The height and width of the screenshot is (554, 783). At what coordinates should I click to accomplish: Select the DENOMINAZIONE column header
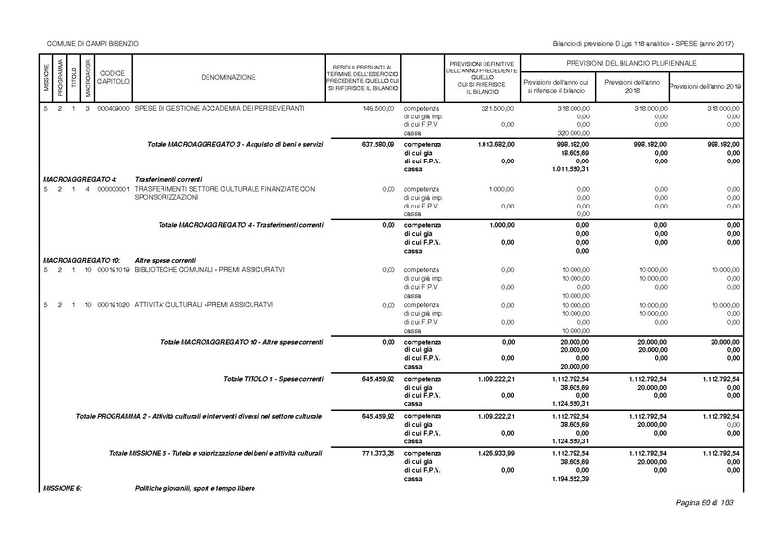pyautogui.click(x=229, y=76)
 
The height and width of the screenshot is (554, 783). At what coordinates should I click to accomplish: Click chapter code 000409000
pyautogui.click(x=113, y=106)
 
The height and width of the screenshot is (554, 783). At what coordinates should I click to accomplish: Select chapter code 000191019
pyautogui.click(x=113, y=269)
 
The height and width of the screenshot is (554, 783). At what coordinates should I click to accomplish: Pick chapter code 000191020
pyautogui.click(x=113, y=304)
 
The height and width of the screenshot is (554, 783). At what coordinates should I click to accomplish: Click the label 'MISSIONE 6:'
pyautogui.click(x=64, y=487)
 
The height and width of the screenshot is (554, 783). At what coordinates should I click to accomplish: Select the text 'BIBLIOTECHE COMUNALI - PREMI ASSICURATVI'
pyautogui.click(x=207, y=269)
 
